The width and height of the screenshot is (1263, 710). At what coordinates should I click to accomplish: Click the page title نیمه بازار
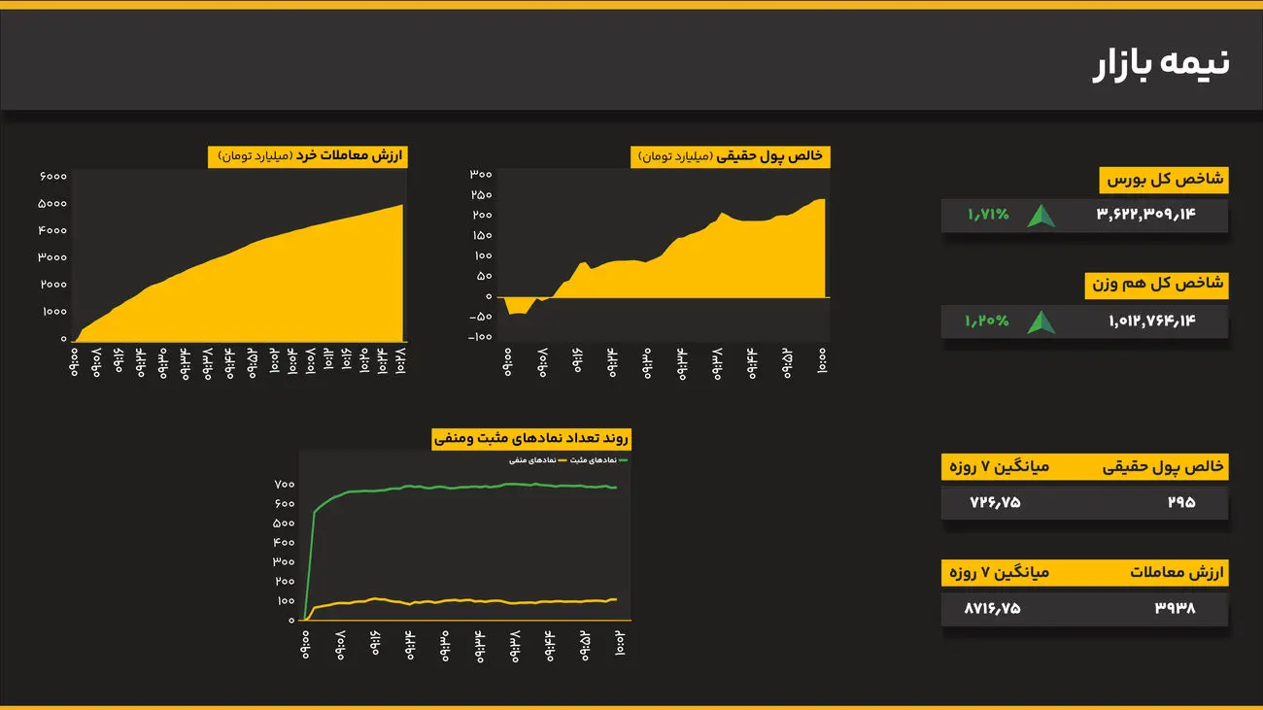coord(1161,63)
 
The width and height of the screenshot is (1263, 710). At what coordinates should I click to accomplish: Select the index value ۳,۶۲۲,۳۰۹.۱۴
coord(1145,216)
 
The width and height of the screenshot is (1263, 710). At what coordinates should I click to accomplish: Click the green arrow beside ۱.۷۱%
coord(1042,216)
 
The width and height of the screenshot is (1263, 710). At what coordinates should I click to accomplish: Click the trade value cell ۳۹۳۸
coord(1175,608)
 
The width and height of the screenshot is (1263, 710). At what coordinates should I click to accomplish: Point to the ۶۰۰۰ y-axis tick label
coord(53,176)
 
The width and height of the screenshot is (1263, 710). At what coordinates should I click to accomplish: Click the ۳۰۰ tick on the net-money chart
coord(481,175)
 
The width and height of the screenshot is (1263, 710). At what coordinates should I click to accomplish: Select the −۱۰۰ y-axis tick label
coord(479,337)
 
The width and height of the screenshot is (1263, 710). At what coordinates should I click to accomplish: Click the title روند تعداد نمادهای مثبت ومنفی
coord(531,439)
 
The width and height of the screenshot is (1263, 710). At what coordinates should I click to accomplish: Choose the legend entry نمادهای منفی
coord(530,460)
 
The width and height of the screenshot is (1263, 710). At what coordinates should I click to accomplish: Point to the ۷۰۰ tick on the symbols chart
coord(284,484)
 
